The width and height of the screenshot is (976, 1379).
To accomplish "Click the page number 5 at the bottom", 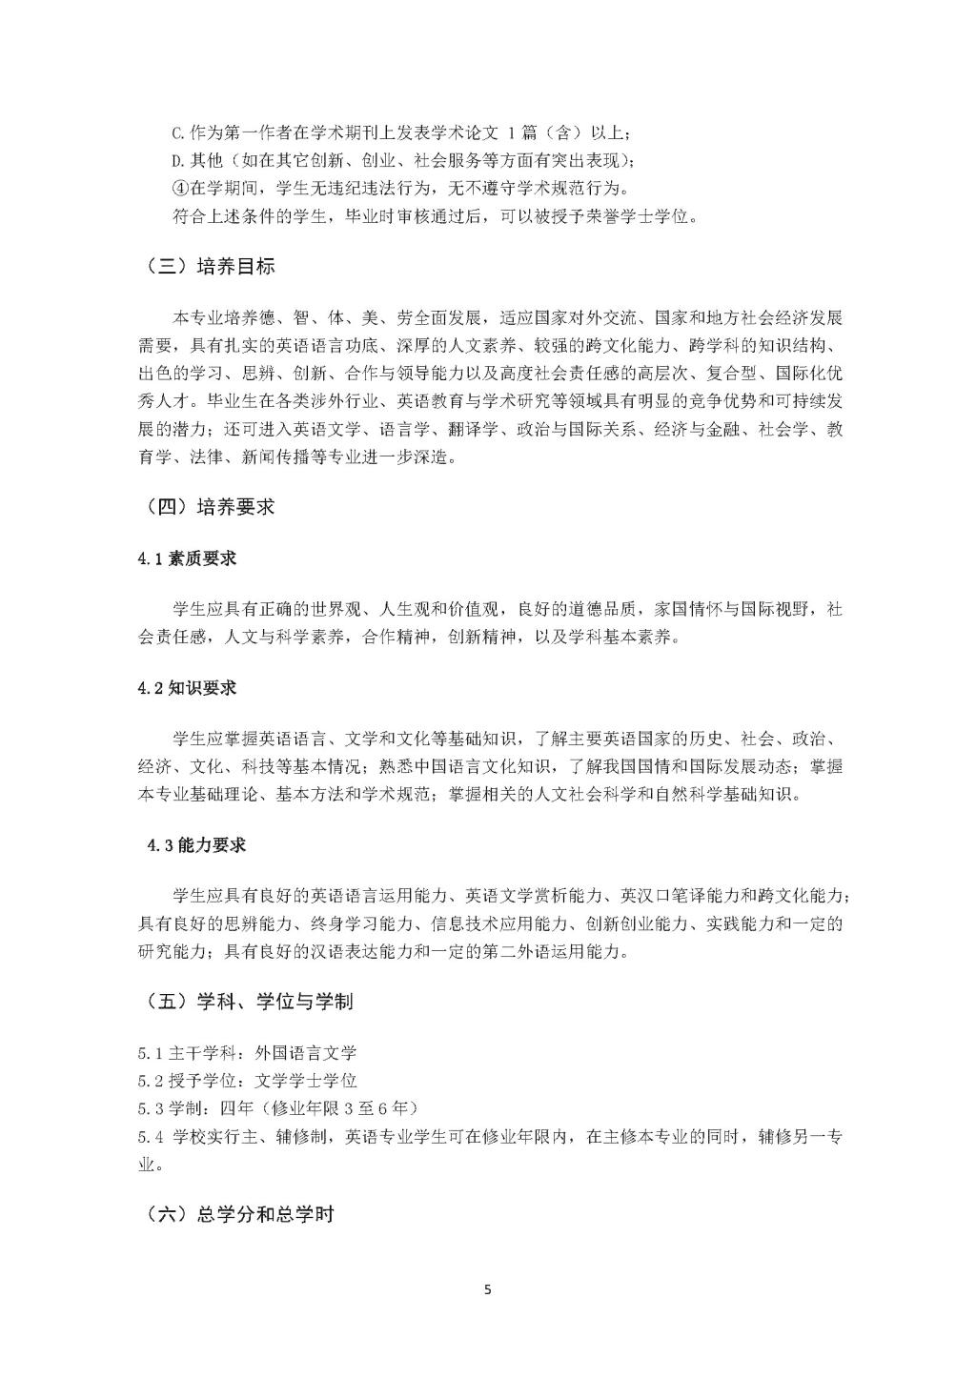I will (488, 1290).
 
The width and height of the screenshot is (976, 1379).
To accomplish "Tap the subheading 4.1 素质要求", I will (187, 558).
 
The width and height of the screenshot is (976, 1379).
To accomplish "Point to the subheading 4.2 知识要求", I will (187, 688).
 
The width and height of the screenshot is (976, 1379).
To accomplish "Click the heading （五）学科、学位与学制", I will (251, 1002).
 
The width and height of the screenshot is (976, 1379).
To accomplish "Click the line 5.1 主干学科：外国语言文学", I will (247, 1053).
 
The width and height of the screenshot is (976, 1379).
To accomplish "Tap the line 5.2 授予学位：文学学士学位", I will (247, 1080).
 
